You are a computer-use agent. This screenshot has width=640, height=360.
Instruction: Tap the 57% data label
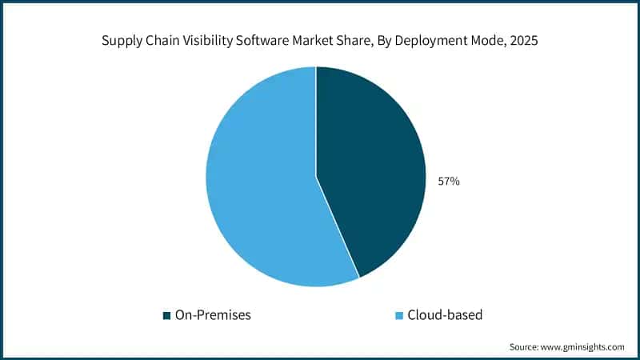pos(448,182)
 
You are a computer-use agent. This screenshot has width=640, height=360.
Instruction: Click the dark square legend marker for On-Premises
pos(166,315)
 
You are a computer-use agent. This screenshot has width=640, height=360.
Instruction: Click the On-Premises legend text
pos(214,315)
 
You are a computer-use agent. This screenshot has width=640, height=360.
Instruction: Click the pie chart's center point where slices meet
pos(316,177)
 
